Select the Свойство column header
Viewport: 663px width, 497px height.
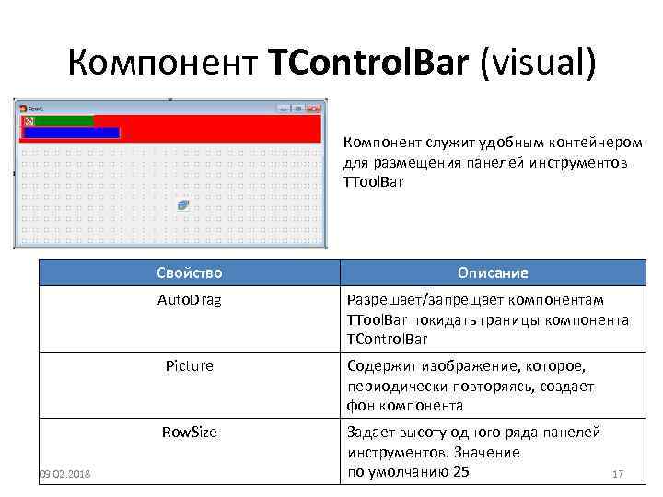(189, 273)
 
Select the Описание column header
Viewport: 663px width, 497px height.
(493, 273)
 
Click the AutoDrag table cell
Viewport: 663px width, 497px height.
(189, 300)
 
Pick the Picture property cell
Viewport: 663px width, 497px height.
(189, 365)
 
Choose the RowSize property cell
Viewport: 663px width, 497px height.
(189, 432)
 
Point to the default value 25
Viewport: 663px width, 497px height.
(460, 472)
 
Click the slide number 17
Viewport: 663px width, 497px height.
(618, 474)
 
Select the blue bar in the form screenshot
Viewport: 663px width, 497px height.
(72, 133)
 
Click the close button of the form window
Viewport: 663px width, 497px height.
(314, 109)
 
